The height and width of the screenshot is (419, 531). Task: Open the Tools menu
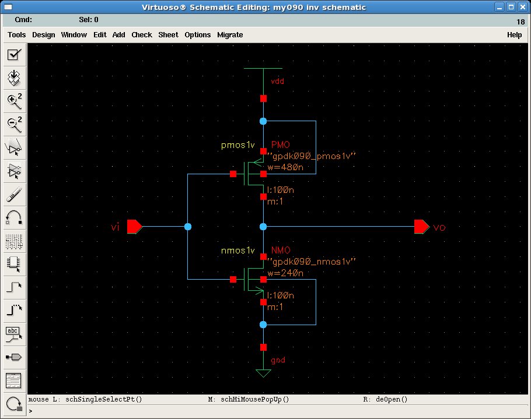click(16, 35)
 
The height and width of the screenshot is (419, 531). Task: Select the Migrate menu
click(230, 35)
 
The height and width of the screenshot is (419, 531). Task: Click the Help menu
click(514, 35)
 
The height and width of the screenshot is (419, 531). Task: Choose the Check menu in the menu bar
click(142, 35)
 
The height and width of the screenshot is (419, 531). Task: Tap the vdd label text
click(278, 81)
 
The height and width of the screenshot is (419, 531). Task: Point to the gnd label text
click(278, 360)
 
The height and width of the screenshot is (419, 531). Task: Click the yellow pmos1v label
click(237, 145)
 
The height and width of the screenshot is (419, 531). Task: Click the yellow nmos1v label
click(237, 251)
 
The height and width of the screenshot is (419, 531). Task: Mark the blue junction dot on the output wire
click(263, 226)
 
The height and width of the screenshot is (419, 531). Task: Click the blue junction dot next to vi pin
click(188, 226)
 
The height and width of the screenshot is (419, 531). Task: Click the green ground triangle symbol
click(263, 372)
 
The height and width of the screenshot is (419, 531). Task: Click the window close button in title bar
click(521, 7)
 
